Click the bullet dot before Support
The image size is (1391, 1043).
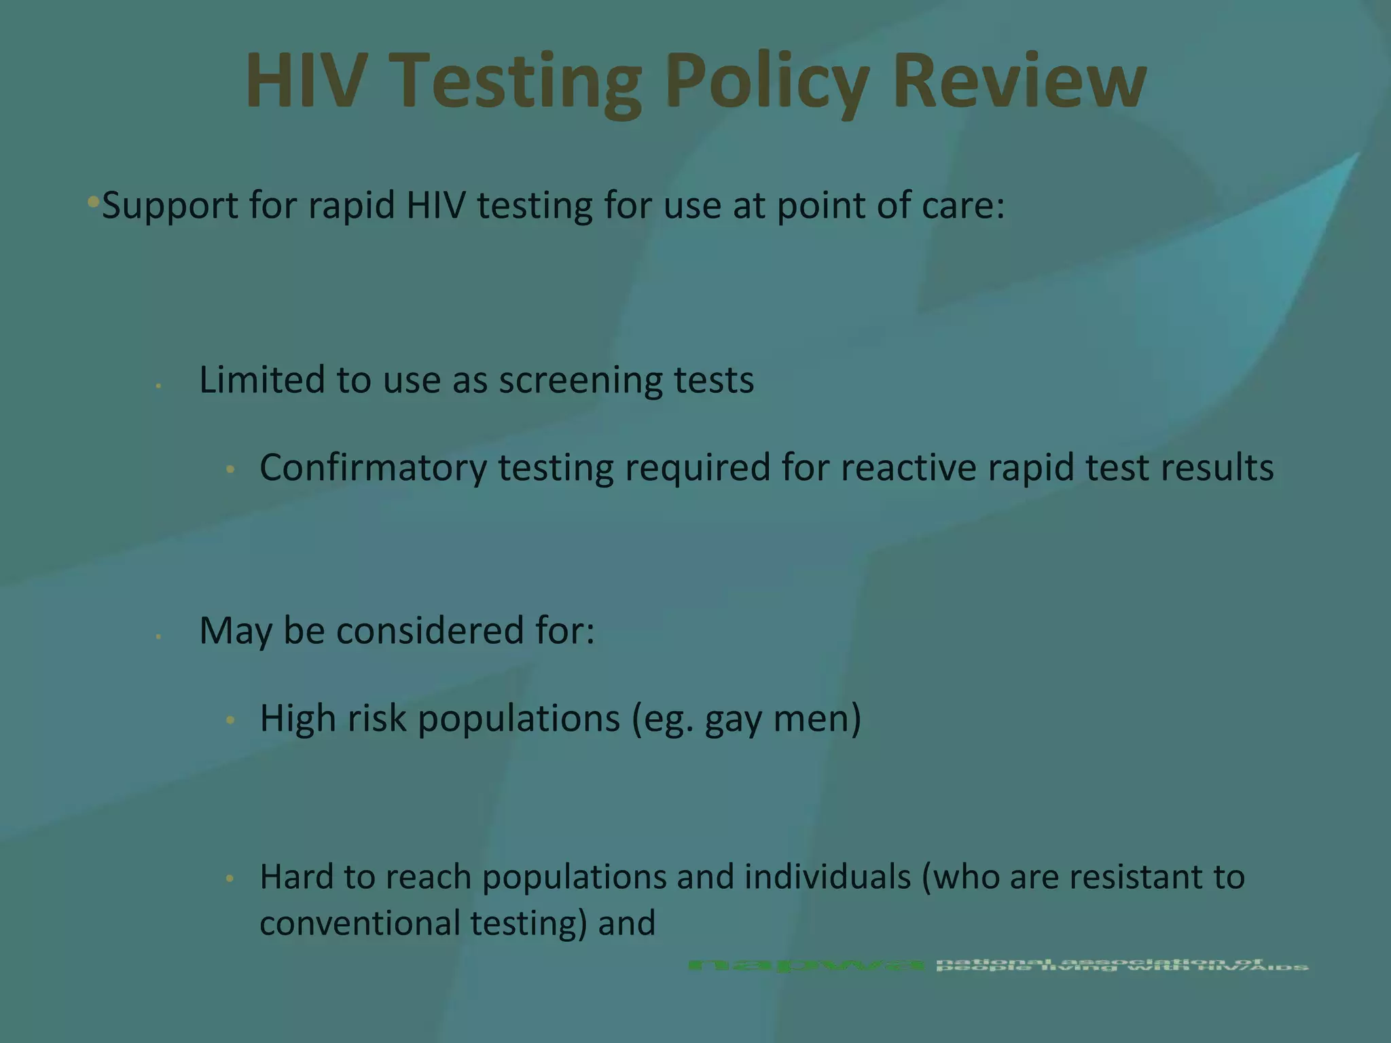coord(94,202)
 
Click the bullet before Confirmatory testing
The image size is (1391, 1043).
coord(230,469)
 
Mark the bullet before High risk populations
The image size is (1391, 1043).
coord(230,720)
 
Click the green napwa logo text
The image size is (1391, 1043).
coord(806,965)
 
